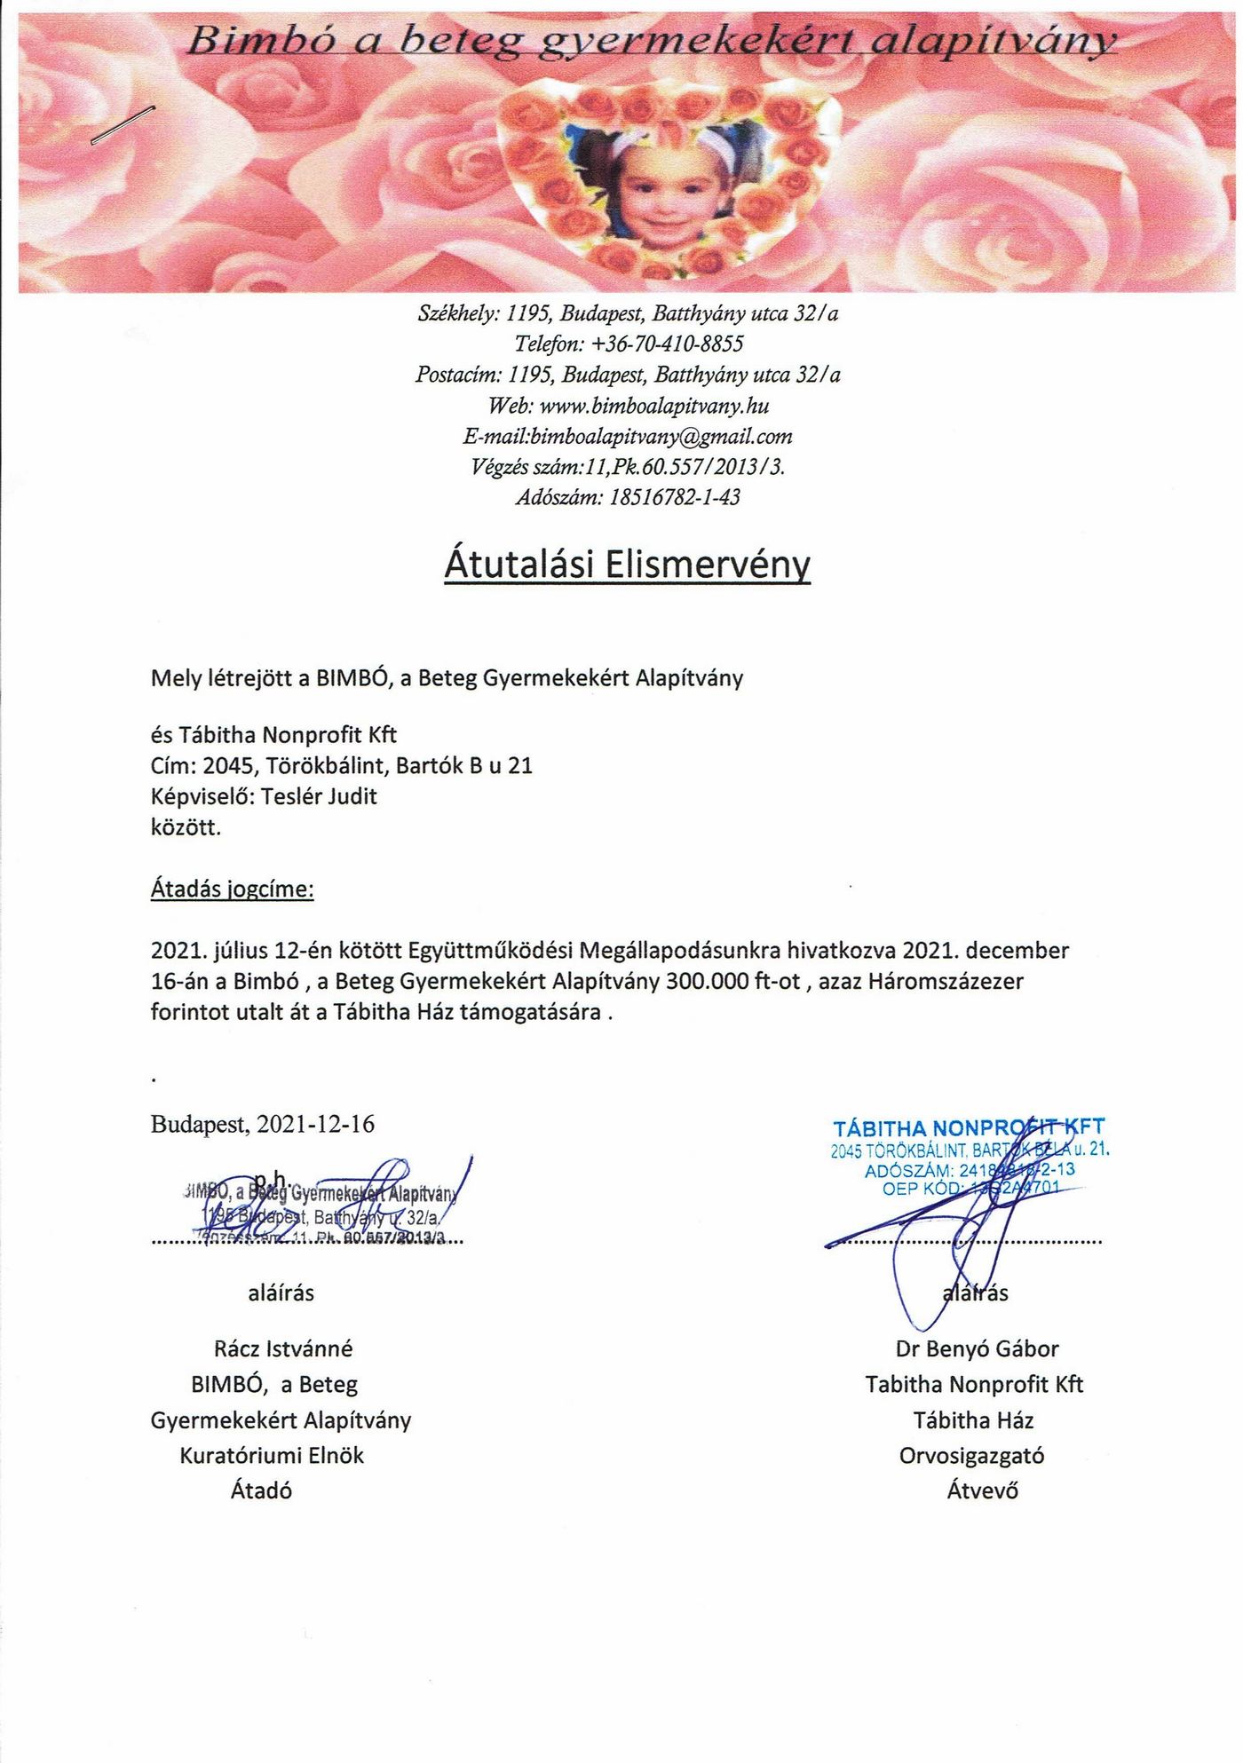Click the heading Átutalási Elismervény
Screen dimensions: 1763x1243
pos(627,565)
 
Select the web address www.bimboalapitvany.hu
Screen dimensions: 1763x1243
pos(653,406)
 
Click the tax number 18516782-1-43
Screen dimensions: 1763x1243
pos(675,497)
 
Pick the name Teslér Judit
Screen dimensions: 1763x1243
pos(319,796)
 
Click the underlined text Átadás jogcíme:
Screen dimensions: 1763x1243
pos(232,889)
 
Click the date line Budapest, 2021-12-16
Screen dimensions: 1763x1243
pos(263,1125)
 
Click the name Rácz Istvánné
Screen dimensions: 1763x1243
pos(283,1349)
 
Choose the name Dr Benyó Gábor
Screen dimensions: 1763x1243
pos(977,1349)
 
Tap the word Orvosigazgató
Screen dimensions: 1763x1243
pos(971,1456)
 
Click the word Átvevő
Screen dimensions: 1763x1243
pos(982,1491)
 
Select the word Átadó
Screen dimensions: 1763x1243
pos(261,1491)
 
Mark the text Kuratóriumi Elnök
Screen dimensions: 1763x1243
pos(272,1456)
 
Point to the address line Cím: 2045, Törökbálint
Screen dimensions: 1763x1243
pos(342,765)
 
